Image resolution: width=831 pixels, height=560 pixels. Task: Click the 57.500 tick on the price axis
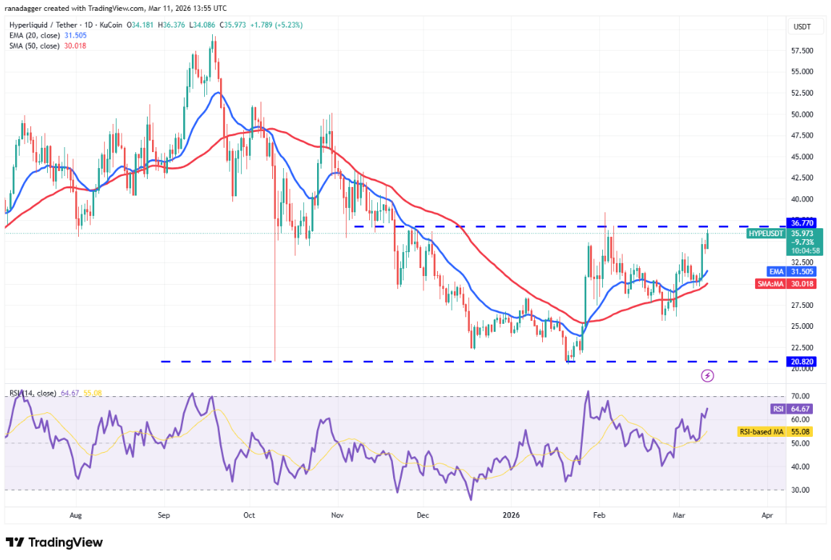[801, 51]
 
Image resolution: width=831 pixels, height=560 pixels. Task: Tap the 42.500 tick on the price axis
[801, 177]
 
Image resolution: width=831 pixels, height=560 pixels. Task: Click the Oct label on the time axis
[249, 516]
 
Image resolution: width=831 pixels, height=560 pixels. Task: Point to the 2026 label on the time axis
[511, 516]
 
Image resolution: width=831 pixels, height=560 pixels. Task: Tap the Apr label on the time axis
[767, 516]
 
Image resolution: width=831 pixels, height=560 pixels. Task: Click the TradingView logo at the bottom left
[54, 543]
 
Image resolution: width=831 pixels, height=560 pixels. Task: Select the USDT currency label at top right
[802, 27]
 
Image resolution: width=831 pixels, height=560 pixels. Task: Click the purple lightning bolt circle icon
[708, 375]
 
